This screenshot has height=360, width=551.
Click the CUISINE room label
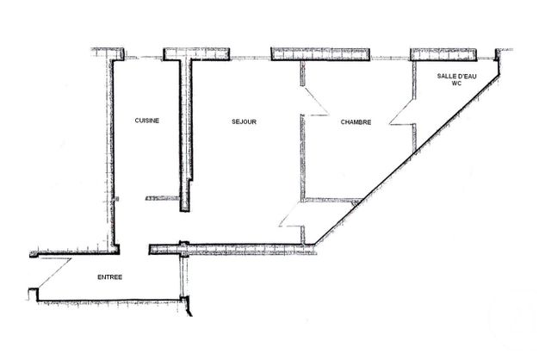click(146, 121)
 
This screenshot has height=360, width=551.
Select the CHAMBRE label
click(356, 122)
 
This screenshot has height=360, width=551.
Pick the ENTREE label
click(109, 277)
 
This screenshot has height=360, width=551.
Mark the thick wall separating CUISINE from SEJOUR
click(184, 129)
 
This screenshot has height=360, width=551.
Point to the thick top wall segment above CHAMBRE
click(320, 54)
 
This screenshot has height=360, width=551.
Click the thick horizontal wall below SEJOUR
click(232, 250)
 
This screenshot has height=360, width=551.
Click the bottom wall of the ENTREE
click(112, 301)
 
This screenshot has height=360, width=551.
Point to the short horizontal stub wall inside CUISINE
click(161, 198)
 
